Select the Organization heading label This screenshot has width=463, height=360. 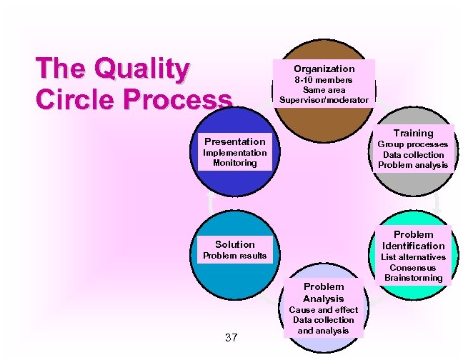(324, 69)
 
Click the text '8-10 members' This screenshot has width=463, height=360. (324, 80)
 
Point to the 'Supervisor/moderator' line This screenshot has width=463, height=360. (324, 100)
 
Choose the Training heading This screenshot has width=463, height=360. (413, 133)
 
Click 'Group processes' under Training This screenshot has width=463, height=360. (413, 144)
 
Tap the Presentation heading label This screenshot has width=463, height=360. (234, 141)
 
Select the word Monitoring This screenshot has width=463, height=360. (234, 163)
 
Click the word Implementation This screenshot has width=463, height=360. (234, 153)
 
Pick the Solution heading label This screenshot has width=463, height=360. (234, 244)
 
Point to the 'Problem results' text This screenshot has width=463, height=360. (234, 256)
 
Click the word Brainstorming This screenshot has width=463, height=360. (413, 278)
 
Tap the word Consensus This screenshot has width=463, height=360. (413, 267)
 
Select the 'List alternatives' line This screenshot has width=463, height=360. (413, 257)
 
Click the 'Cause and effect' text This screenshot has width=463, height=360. (323, 310)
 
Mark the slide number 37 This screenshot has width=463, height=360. (230, 337)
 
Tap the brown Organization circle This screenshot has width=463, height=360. (323, 118)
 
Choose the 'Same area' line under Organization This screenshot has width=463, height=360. (324, 90)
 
